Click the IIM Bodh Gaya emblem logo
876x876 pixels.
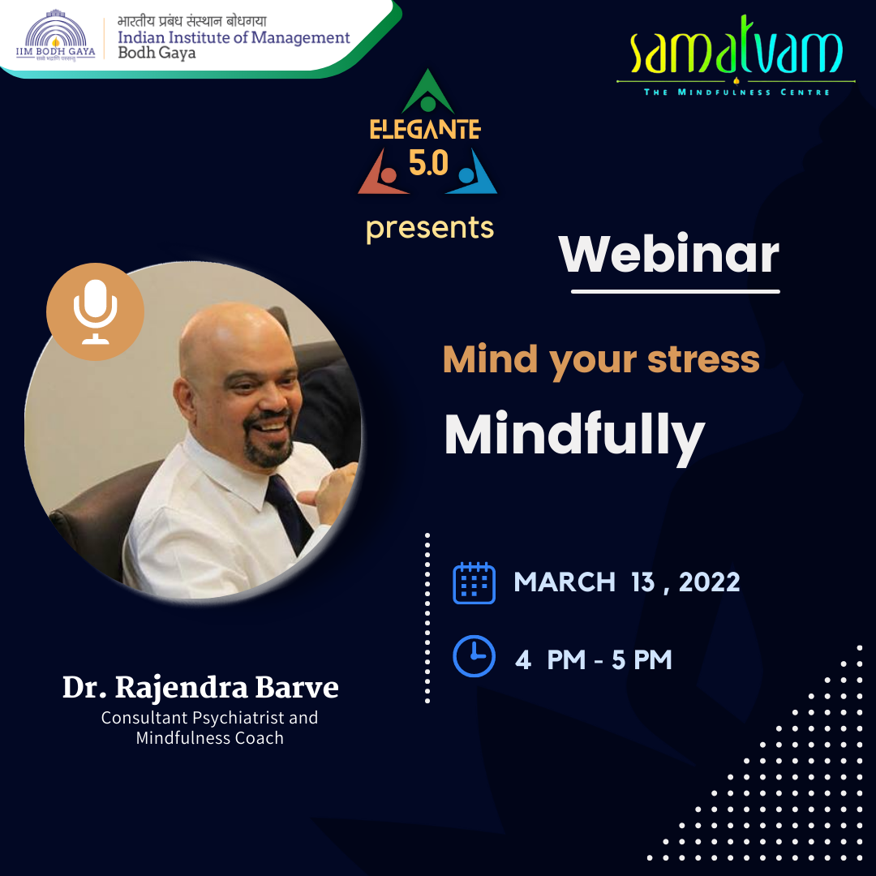pyautogui.click(x=55, y=35)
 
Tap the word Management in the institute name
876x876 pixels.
pyautogui.click(x=300, y=37)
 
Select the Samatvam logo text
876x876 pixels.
pyautogui.click(x=736, y=46)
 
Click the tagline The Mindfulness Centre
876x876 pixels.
pyautogui.click(x=736, y=92)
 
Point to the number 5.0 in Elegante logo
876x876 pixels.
pyautogui.click(x=428, y=163)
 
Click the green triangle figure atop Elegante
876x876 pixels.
pyautogui.click(x=428, y=91)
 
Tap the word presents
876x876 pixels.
pyautogui.click(x=430, y=229)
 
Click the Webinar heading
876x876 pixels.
pyautogui.click(x=668, y=254)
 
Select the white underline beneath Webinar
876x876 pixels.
pyautogui.click(x=675, y=291)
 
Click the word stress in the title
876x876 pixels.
pyautogui.click(x=703, y=359)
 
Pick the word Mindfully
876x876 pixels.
pyautogui.click(x=574, y=436)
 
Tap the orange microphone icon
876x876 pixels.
pyautogui.click(x=96, y=311)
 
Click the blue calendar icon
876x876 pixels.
pyautogui.click(x=474, y=582)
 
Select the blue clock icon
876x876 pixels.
pyautogui.click(x=474, y=656)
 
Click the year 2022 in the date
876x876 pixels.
pyautogui.click(x=710, y=582)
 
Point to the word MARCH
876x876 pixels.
pyautogui.click(x=565, y=582)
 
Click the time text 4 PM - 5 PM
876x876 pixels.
pyautogui.click(x=593, y=659)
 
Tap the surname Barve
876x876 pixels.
pyautogui.click(x=297, y=688)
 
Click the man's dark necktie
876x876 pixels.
pyautogui.click(x=290, y=514)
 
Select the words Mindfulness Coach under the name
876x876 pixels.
pyautogui.click(x=210, y=738)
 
